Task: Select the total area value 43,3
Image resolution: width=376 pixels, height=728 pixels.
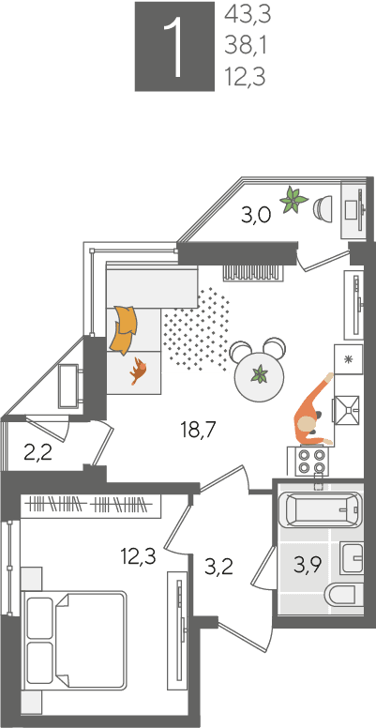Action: pos(248,15)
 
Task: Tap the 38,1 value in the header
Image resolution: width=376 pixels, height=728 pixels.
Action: pos(246,46)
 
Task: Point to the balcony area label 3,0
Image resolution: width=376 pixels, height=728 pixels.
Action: pos(256,216)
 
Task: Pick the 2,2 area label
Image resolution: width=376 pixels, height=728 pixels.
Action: pos(38,453)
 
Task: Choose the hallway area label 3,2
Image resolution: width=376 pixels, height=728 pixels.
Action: pos(219,567)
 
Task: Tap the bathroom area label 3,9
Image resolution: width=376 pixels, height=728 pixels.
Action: pos(308,566)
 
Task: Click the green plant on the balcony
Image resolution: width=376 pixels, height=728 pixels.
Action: pos(293,200)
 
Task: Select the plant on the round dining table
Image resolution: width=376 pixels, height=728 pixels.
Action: pos(260,373)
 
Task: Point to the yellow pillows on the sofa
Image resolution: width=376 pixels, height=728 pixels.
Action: pos(124,328)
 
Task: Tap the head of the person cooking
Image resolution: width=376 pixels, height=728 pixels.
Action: pos(307,423)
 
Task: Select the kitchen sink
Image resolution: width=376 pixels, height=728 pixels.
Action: pos(347,410)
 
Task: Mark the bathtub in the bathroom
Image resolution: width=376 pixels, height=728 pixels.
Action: pos(320,509)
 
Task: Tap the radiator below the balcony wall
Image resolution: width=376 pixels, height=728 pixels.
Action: pos(252,272)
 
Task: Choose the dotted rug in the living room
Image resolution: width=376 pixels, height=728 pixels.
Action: pos(196,328)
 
